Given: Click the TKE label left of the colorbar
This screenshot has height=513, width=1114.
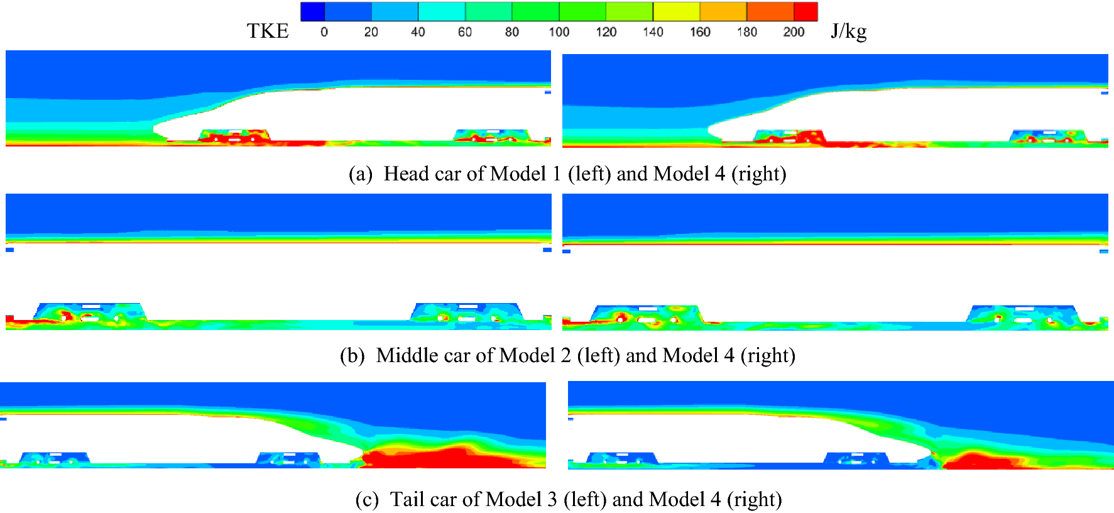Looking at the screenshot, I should click(x=268, y=31).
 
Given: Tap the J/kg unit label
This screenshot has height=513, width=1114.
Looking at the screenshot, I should click(x=848, y=31).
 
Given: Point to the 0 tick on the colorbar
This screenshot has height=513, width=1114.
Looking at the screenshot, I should click(x=324, y=32).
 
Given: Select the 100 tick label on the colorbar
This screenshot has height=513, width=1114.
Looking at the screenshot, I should click(x=559, y=32).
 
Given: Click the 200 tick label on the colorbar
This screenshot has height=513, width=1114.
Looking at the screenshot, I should click(x=794, y=32).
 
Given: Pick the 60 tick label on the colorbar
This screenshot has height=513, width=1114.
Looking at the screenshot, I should click(x=465, y=32).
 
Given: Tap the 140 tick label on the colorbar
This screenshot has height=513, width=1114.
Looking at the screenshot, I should click(x=653, y=32).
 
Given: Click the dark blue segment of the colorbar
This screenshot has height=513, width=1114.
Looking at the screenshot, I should click(x=312, y=11).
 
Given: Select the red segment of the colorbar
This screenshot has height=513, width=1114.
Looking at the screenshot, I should click(x=805, y=11).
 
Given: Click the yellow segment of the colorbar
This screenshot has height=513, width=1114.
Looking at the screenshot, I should click(x=676, y=11).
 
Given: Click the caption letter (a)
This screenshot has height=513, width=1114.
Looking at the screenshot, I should click(x=361, y=174).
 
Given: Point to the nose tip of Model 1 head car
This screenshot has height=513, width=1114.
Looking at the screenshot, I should click(x=155, y=130).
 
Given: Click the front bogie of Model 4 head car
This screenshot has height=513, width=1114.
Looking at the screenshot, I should click(x=789, y=137).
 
